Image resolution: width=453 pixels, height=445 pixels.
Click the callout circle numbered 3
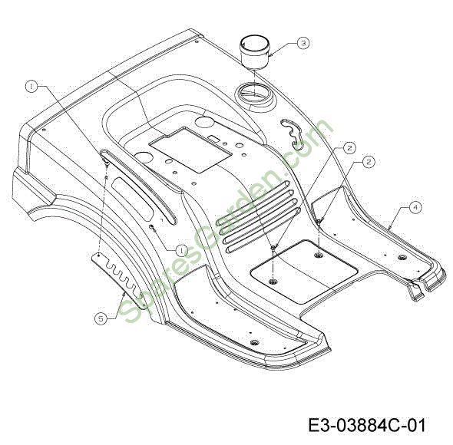(x=303, y=43)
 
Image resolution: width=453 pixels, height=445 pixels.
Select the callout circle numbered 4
(x=415, y=207)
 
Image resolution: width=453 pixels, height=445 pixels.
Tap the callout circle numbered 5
(x=101, y=318)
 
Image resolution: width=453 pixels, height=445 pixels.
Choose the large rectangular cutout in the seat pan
(x=191, y=150)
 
